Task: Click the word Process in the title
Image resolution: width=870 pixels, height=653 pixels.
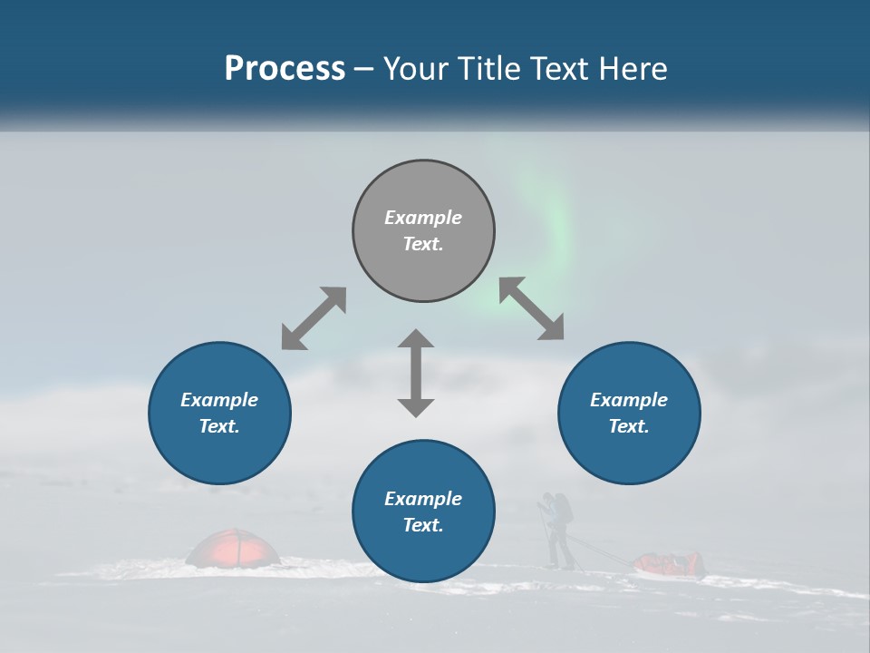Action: click(x=285, y=69)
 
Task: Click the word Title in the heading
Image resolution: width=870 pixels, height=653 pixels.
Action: click(x=493, y=69)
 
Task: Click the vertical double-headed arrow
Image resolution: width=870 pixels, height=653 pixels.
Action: click(x=416, y=373)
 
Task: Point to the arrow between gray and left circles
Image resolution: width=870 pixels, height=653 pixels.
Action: click(x=314, y=318)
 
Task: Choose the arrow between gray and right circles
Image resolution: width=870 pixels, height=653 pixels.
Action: click(x=531, y=308)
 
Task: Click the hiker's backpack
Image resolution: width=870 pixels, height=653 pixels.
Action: click(x=563, y=508)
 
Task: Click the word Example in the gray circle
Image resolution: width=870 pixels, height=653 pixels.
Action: click(x=423, y=218)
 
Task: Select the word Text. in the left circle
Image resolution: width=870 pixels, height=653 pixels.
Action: click(x=219, y=426)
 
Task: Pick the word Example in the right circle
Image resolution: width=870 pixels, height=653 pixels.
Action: click(x=629, y=400)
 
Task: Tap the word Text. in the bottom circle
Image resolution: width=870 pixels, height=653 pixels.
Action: click(x=423, y=525)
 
